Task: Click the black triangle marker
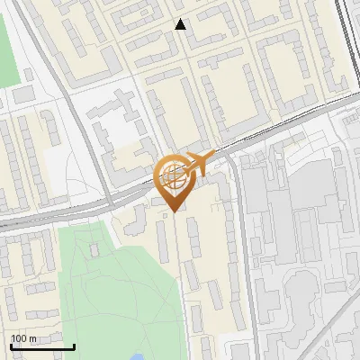point(181,24)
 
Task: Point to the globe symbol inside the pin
point(172,174)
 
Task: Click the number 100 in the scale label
point(19,338)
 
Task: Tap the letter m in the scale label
point(32,338)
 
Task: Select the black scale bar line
point(42,346)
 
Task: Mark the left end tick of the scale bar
point(11,346)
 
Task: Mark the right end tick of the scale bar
point(74,346)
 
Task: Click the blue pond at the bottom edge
point(136,356)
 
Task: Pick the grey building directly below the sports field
point(22,93)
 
